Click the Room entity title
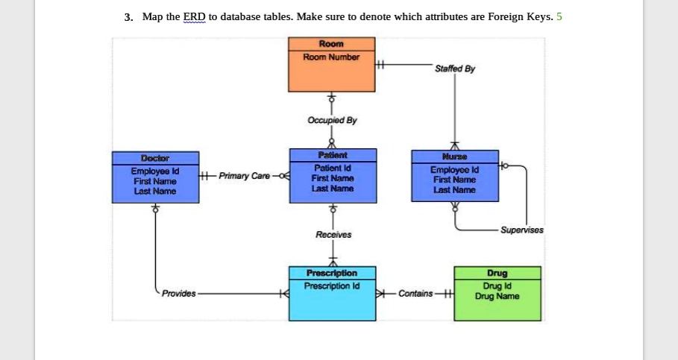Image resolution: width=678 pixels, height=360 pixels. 332,45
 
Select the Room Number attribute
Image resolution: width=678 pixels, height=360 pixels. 332,57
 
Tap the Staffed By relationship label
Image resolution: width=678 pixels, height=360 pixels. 454,69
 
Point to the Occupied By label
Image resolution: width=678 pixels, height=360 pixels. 332,120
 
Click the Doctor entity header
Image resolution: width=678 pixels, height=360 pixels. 155,158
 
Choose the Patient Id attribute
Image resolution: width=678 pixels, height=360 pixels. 332,168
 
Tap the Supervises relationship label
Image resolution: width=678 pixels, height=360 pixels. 522,230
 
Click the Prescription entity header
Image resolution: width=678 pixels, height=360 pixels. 332,274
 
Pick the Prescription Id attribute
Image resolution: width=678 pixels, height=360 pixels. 332,285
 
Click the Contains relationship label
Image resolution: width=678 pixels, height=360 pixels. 415,294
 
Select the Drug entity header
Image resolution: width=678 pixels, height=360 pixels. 497,274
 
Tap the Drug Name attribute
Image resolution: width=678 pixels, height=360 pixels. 497,296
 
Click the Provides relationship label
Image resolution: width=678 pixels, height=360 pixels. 179,294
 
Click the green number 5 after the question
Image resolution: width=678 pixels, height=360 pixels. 559,16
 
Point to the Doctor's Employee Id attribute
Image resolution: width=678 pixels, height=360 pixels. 155,171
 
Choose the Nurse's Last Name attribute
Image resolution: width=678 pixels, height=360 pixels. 454,190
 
